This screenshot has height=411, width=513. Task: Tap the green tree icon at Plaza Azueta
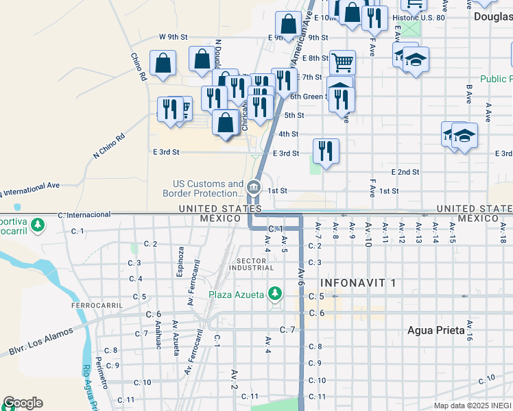[x=275, y=294]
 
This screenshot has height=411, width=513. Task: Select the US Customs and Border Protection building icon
[x=254, y=187]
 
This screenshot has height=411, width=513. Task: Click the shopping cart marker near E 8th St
[x=342, y=62]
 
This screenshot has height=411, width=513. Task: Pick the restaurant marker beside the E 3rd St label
[x=326, y=151]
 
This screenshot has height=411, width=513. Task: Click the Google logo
[x=23, y=403]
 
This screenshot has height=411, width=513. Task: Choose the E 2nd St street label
[x=405, y=171]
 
